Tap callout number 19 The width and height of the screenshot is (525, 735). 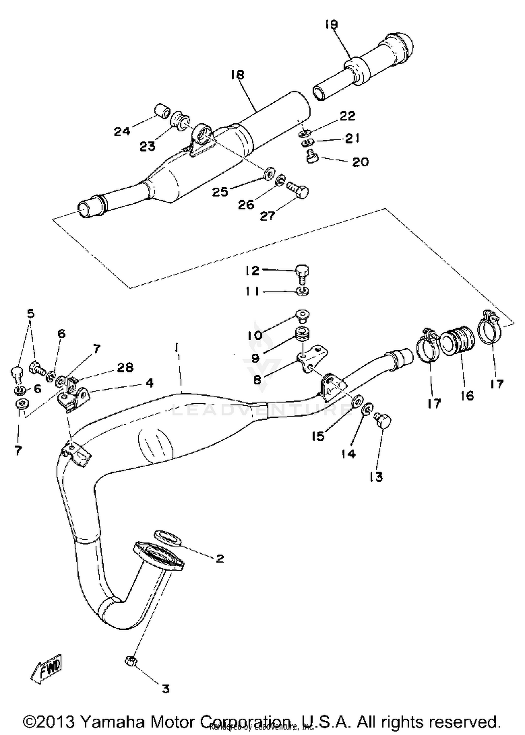331,25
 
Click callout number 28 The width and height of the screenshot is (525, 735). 125,367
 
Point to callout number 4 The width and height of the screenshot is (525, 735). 149,383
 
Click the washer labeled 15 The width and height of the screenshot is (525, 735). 356,401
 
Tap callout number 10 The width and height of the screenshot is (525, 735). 255,336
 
